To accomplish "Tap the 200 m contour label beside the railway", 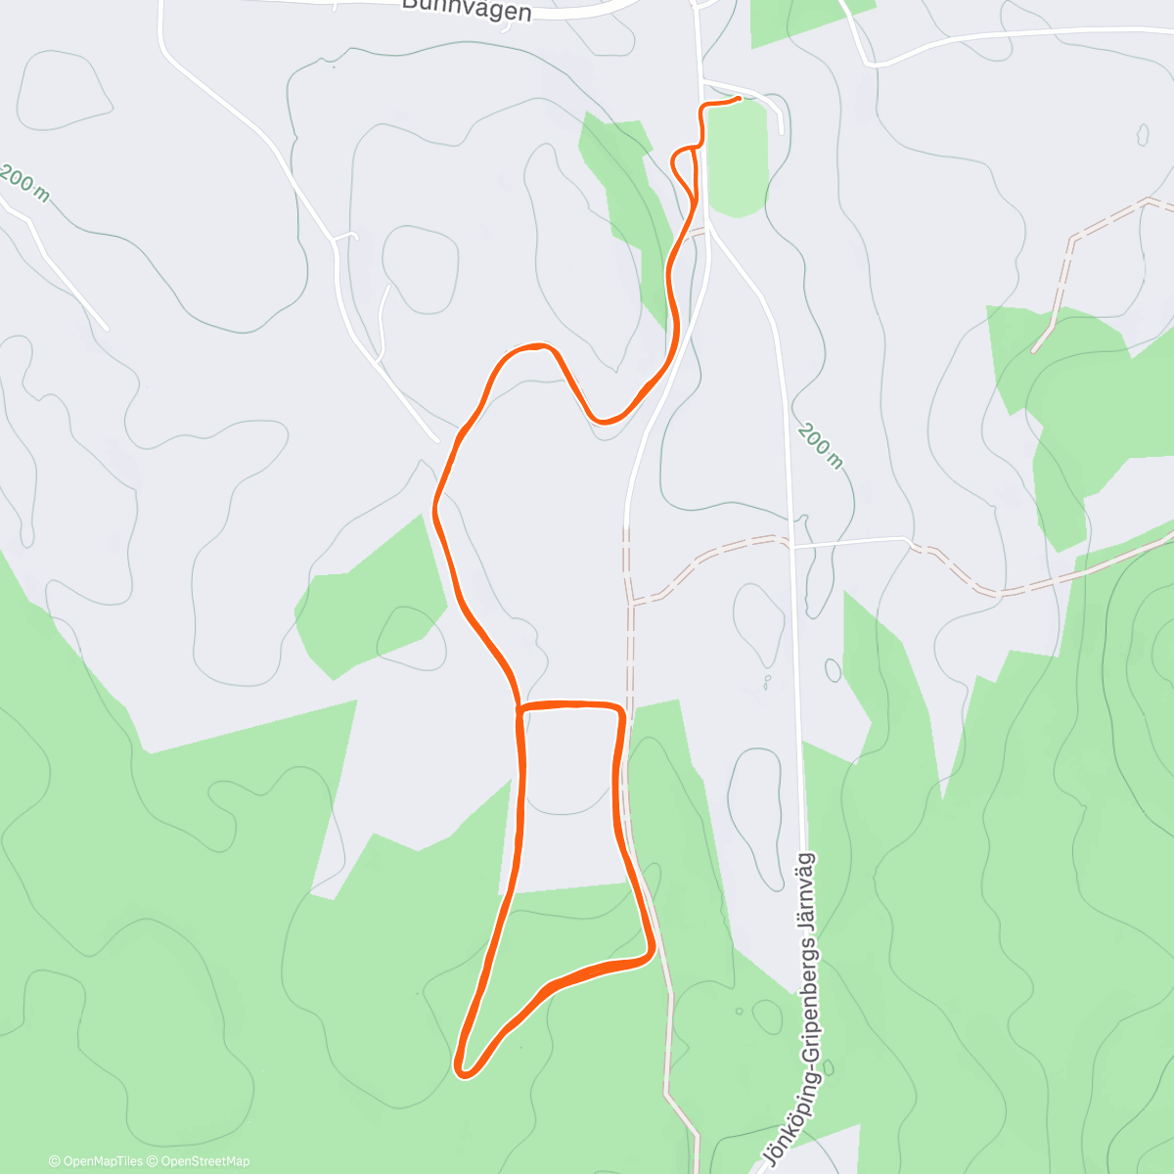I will (819, 445).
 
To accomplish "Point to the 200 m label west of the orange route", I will (23, 183).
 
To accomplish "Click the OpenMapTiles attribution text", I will (96, 1161).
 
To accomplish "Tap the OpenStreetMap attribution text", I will (204, 1161).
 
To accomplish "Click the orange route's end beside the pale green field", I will (737, 98).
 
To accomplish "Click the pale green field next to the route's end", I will (736, 157).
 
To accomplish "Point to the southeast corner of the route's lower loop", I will (649, 953).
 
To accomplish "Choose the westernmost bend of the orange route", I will (435, 508).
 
